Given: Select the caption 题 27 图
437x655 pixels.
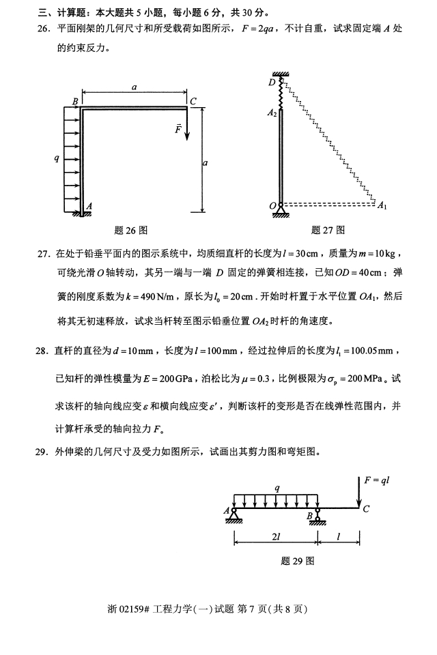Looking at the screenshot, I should tap(328, 230).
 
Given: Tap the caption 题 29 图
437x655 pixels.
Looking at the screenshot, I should tap(297, 561).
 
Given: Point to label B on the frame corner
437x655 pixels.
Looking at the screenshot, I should tap(75, 102).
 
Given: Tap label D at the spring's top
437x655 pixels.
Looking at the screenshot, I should tap(272, 83).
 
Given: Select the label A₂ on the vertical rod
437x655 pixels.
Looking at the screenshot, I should tap(272, 113).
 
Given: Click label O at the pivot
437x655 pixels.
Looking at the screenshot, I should tap(272, 205).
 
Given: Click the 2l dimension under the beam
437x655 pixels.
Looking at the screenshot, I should tap(275, 537).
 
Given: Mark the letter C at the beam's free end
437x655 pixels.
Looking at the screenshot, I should tap(366, 508).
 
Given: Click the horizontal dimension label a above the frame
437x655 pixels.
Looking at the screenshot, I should tap(135, 87).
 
